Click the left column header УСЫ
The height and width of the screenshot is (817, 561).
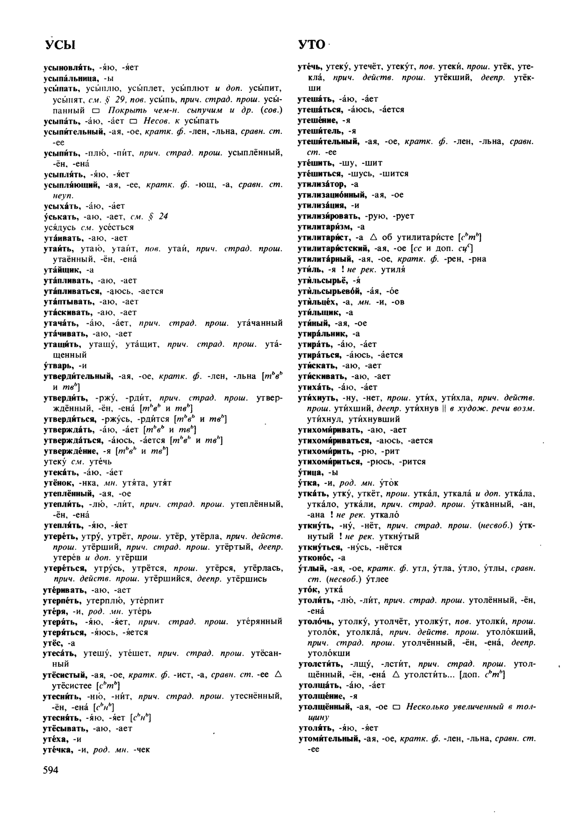60,45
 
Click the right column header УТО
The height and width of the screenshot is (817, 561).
311,44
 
